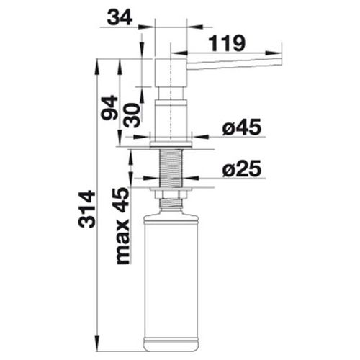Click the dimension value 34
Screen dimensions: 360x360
(x=120, y=18)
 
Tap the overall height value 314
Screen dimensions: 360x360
(x=87, y=209)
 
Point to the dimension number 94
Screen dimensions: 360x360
(x=109, y=107)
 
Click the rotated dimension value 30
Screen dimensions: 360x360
(x=132, y=115)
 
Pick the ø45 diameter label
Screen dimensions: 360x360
(x=242, y=127)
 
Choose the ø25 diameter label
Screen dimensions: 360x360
(x=242, y=168)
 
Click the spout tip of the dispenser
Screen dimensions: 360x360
(x=280, y=62)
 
